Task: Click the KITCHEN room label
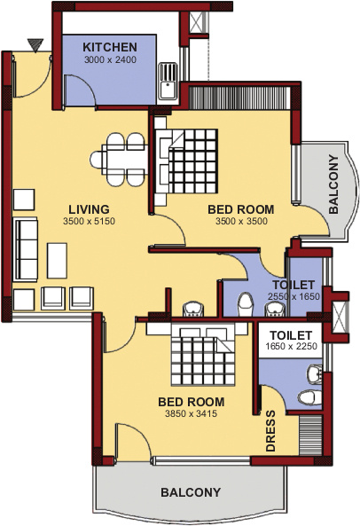pyautogui.click(x=109, y=47)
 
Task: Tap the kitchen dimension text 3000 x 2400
pyautogui.click(x=109, y=59)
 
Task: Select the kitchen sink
pyautogui.click(x=166, y=82)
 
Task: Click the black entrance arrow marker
pyautogui.click(x=35, y=44)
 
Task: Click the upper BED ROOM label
pyautogui.click(x=240, y=210)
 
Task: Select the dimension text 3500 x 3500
pyautogui.click(x=240, y=222)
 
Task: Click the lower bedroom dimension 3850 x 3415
pyautogui.click(x=190, y=413)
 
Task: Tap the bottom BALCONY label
pyautogui.click(x=190, y=492)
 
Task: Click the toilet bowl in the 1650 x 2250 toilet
pyautogui.click(x=307, y=396)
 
